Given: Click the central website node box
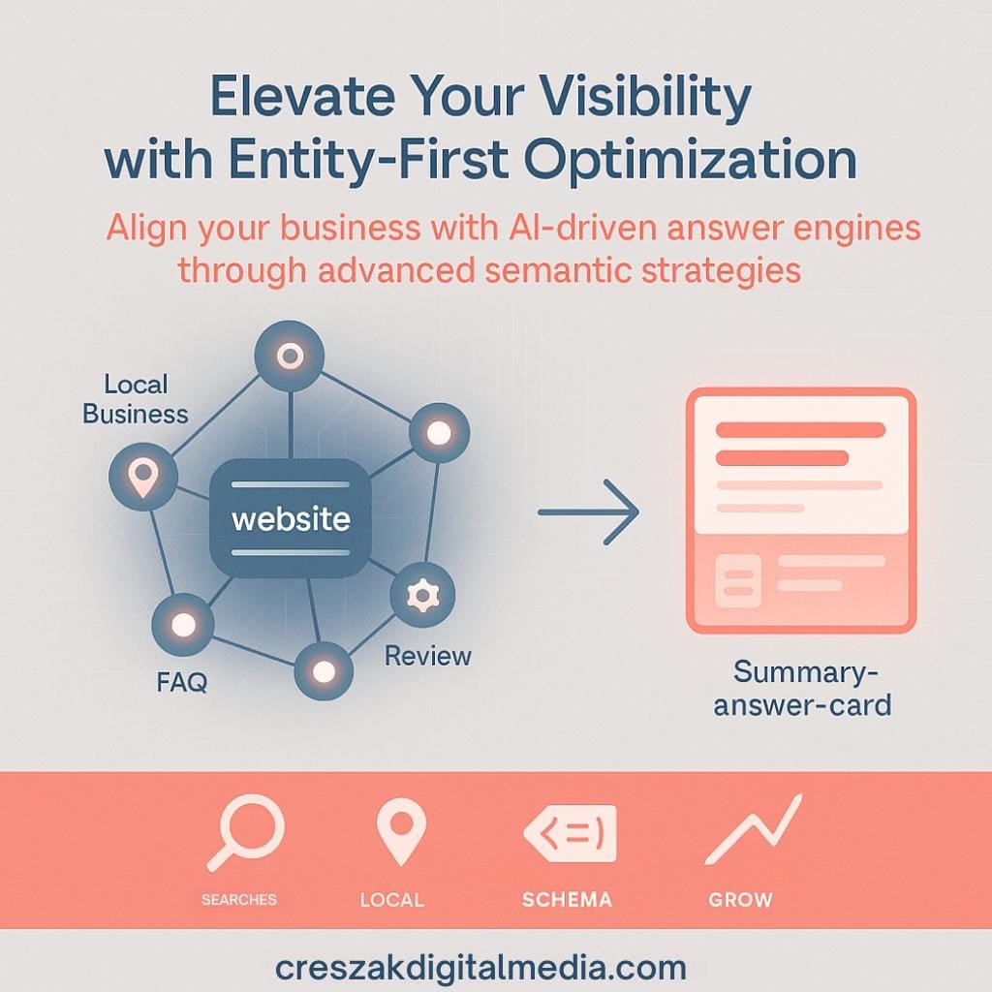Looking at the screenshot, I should [x=291, y=519].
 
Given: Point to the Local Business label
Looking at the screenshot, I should [x=135, y=399].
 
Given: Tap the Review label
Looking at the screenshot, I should [x=427, y=656].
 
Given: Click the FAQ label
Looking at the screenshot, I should [x=181, y=682].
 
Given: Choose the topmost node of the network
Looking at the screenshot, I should [x=289, y=356].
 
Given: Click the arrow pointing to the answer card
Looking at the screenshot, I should [x=588, y=511].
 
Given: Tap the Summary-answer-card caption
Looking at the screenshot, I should [x=802, y=687].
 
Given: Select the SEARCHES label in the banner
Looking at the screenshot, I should [x=238, y=900].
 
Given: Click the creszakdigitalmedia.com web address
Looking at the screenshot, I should [x=480, y=967].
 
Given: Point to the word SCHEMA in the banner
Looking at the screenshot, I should [x=567, y=900].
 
